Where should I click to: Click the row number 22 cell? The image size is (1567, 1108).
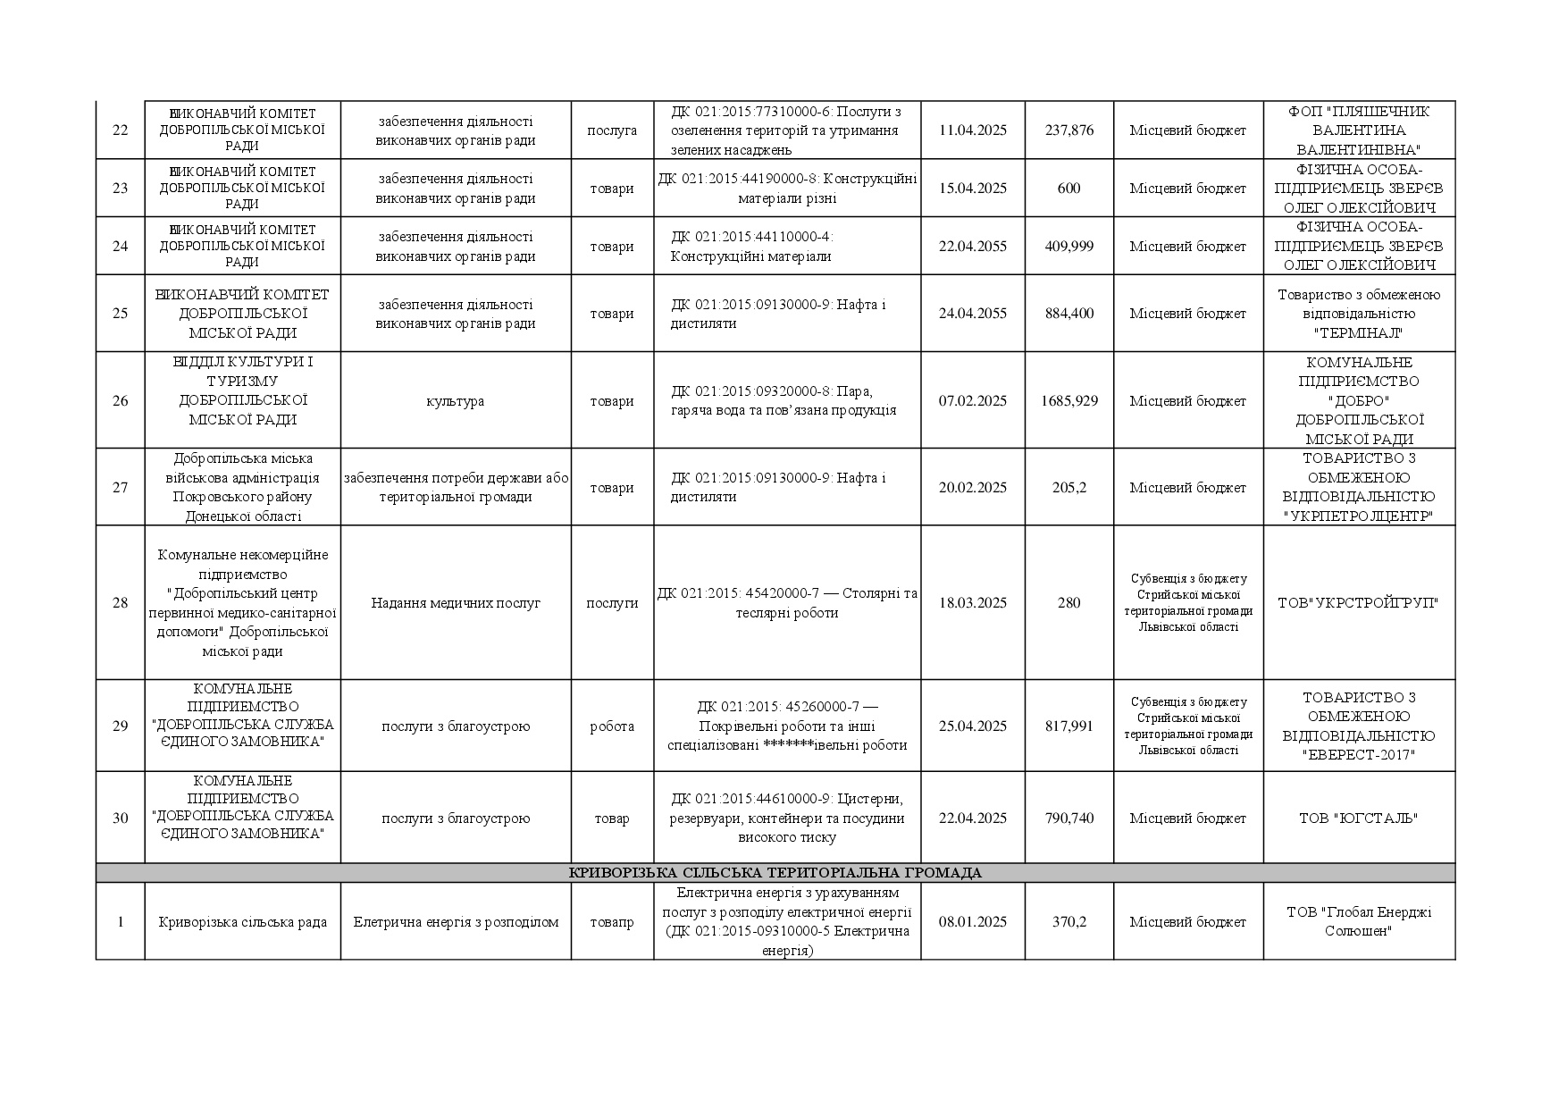coord(120,130)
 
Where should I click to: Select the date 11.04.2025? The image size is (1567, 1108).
coord(972,130)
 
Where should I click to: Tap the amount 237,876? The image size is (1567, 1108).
coord(1068,130)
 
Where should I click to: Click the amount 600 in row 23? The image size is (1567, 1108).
coord(1068,189)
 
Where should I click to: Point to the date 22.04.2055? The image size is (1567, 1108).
coord(972,247)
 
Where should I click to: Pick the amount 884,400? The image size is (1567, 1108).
coord(1068,314)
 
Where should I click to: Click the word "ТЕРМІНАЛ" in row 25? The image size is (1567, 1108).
coord(1358,333)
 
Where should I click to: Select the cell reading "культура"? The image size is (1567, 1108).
coord(455,401)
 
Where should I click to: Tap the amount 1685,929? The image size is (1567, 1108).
coord(1068,401)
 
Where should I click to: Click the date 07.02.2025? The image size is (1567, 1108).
coord(972,401)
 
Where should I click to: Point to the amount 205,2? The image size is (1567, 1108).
coord(1068,488)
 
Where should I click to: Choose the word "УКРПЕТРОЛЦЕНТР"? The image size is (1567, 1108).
coord(1358,516)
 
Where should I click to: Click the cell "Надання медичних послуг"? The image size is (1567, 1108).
coord(455,603)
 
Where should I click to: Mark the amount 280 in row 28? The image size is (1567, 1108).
coord(1068,603)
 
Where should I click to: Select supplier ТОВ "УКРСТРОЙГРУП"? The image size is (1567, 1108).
coord(1358,603)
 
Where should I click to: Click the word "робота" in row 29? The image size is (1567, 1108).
coord(611,726)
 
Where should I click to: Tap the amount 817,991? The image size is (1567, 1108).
coord(1068,726)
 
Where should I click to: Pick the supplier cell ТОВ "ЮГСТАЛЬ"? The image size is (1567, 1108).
coord(1358,818)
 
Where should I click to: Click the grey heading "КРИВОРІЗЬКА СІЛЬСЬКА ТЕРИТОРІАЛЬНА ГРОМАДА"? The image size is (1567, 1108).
coord(775,873)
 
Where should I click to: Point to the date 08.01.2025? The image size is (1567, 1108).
coord(972,922)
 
